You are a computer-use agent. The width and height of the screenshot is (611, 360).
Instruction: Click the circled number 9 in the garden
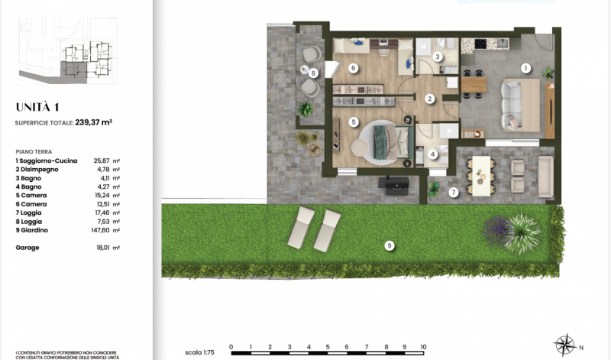coord(389,245)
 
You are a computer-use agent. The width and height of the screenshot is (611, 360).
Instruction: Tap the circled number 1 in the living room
coord(525,69)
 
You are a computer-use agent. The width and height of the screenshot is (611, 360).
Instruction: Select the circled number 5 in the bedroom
coord(354,122)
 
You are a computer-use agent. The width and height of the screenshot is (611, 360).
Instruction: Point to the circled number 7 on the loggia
coord(453,193)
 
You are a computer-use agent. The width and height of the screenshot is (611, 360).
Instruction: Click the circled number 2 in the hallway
coord(430,99)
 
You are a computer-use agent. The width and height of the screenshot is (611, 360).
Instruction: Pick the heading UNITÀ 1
coord(37,107)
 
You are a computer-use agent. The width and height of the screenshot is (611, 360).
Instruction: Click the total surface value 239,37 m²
coord(93,122)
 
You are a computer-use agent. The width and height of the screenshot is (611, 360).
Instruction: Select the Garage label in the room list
coord(27,248)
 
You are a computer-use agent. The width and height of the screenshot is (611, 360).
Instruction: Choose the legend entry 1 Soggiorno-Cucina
coord(47,161)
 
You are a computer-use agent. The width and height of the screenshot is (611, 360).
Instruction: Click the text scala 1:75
coord(199,352)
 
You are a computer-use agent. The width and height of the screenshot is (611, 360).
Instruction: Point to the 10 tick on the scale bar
coord(423,347)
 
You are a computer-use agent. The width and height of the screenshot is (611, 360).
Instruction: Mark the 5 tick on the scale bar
coord(328,347)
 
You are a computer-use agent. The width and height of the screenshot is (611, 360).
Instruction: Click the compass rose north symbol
coord(565,345)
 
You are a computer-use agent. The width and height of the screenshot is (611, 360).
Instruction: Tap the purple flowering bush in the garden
coord(497,232)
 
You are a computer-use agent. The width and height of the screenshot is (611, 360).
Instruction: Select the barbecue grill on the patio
coord(394,186)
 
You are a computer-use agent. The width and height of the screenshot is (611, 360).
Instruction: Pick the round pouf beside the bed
coord(360,147)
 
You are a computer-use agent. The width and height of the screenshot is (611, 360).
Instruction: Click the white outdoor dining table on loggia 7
coord(481,176)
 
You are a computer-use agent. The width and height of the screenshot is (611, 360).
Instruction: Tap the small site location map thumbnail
coord(68,50)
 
